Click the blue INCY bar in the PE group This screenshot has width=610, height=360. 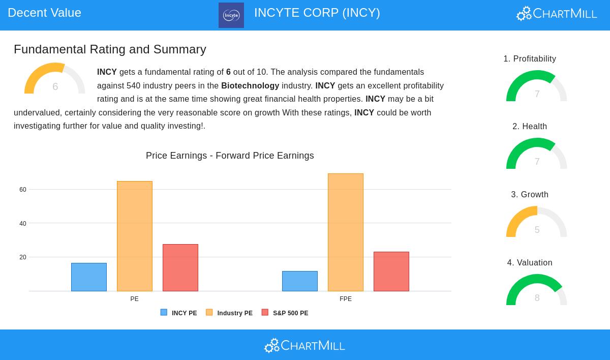(x=89, y=277)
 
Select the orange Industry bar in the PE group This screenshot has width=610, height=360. (x=135, y=236)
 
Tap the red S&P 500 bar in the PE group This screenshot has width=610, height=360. (x=180, y=267)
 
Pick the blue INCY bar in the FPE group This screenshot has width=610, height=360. (x=300, y=281)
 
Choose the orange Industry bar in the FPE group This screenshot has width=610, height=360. (x=346, y=232)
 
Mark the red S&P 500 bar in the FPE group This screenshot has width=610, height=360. (x=391, y=272)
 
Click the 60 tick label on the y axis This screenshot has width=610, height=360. (x=23, y=190)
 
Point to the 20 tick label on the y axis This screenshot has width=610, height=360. (x=23, y=257)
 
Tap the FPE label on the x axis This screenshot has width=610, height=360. (x=346, y=299)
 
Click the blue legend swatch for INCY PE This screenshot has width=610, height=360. (x=164, y=312)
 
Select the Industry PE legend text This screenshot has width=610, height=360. (x=235, y=313)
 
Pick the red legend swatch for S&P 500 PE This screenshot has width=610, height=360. (x=265, y=312)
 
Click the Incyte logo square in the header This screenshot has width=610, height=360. (x=231, y=15)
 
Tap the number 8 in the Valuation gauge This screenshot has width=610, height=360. (x=537, y=297)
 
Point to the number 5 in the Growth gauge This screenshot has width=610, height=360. (x=537, y=229)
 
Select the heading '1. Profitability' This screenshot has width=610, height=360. (x=530, y=58)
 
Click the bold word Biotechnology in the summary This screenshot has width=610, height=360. (x=250, y=85)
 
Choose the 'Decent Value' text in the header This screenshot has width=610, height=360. (x=44, y=13)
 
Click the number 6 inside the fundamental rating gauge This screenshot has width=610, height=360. (x=55, y=86)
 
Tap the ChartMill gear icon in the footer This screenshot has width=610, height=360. (x=272, y=346)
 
